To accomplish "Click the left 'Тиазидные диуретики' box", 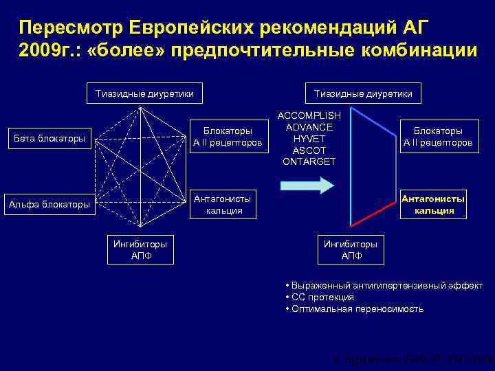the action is (x=144, y=93).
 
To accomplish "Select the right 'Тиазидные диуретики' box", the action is (x=363, y=93).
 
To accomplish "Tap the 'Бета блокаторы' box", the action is (x=50, y=139).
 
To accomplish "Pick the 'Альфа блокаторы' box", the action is (x=49, y=204).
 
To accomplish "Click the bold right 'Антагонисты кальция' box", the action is (x=433, y=204).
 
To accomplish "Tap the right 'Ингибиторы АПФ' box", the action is (x=351, y=250).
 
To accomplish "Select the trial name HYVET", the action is (x=308, y=139).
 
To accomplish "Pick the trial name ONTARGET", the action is (x=308, y=161).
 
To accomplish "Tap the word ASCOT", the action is (x=308, y=150).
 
